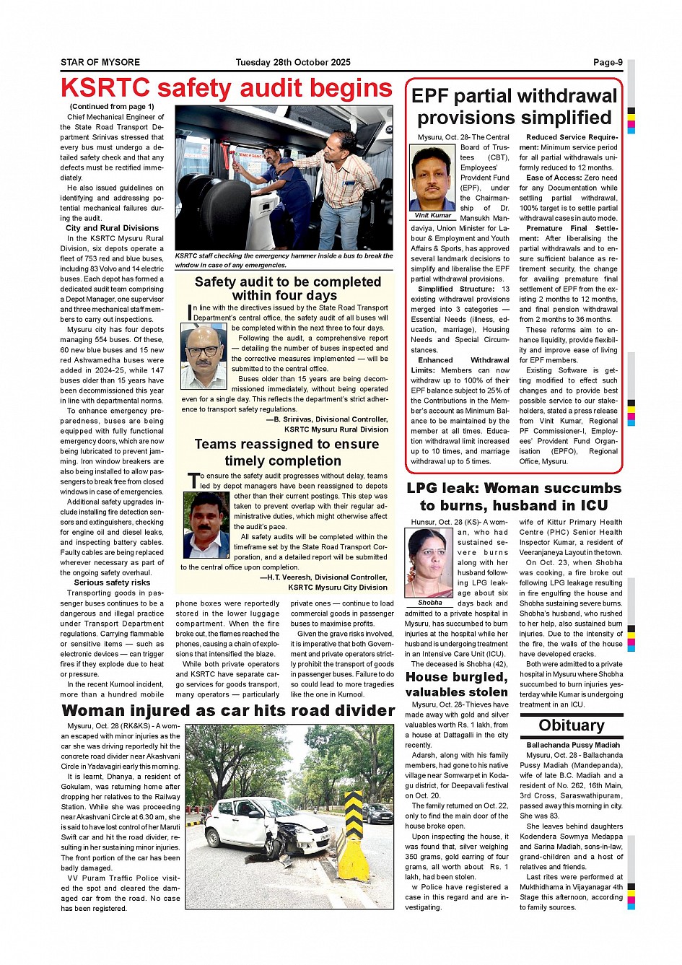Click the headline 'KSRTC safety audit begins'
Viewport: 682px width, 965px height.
(226, 88)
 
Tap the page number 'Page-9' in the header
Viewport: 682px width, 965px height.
(608, 62)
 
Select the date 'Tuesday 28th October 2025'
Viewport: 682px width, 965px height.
(293, 62)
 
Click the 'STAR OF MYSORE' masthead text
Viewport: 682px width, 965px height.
(100, 62)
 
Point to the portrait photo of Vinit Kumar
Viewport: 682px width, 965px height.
(432, 178)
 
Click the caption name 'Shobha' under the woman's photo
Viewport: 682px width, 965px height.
(430, 603)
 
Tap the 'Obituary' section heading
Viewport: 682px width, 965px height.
(571, 725)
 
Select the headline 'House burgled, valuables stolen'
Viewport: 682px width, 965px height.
(457, 684)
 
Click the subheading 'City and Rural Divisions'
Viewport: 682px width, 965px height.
(112, 228)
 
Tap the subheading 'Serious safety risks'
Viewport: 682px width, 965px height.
(112, 582)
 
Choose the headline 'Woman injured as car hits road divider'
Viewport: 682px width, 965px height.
(228, 711)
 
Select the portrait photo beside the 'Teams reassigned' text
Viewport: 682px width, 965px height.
(206, 525)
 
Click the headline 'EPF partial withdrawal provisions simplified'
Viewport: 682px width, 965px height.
(514, 107)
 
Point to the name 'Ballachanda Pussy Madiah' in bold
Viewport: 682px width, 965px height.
(573, 745)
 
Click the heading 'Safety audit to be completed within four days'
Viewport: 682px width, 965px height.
(287, 288)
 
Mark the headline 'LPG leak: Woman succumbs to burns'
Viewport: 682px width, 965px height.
(514, 497)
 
